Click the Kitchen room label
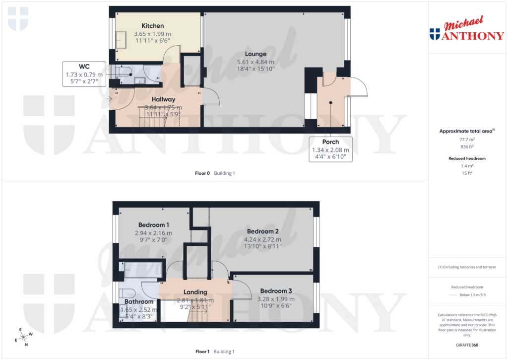coord(152,26)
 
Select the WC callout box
coord(84,74)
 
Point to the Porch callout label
coord(330,142)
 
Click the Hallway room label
coord(163,99)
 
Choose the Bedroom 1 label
coord(153,225)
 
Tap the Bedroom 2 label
coord(263,231)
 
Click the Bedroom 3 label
coord(276,291)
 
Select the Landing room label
coord(195,292)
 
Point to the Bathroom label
coord(139,301)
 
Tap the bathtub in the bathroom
coord(143,270)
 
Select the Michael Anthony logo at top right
coord(466,29)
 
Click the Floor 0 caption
coord(202,173)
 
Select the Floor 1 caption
coord(202,352)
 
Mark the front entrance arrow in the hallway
coord(109,99)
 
